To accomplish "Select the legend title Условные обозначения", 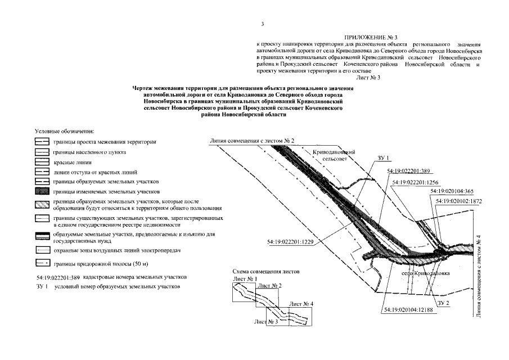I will [64, 130].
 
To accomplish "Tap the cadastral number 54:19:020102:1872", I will [458, 200].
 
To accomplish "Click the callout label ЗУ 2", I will [444, 303].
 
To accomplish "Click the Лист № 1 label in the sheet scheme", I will [244, 279].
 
